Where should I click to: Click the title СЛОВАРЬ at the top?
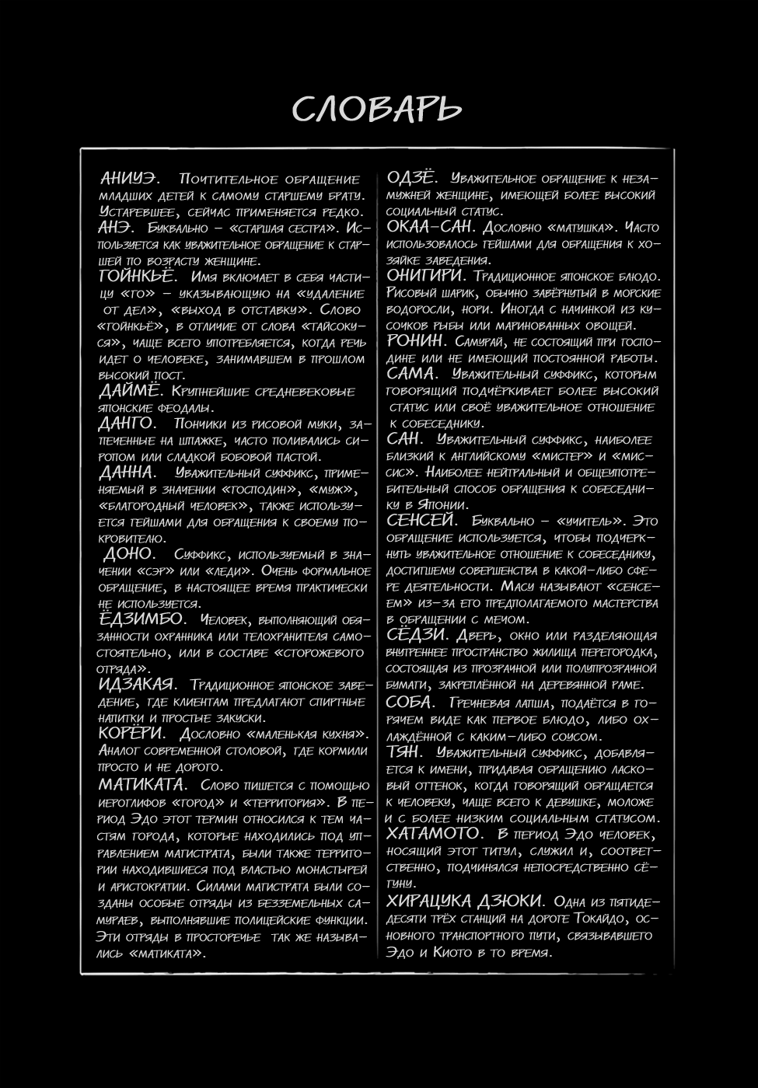point(377,110)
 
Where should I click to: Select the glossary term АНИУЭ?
point(127,179)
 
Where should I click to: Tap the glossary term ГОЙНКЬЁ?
point(138,277)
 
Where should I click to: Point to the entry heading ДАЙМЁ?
point(130,391)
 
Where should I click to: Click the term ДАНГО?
point(127,424)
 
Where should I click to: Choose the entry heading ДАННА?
point(127,473)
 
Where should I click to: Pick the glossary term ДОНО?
point(129,554)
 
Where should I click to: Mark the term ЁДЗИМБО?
point(141,619)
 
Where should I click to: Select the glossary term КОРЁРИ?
point(131,734)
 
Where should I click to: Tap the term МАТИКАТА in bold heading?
point(141,784)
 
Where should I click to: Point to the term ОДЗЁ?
point(411,178)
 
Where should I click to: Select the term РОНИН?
point(416,341)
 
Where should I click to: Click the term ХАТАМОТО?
point(434,833)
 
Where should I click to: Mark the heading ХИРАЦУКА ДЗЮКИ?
point(464,901)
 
